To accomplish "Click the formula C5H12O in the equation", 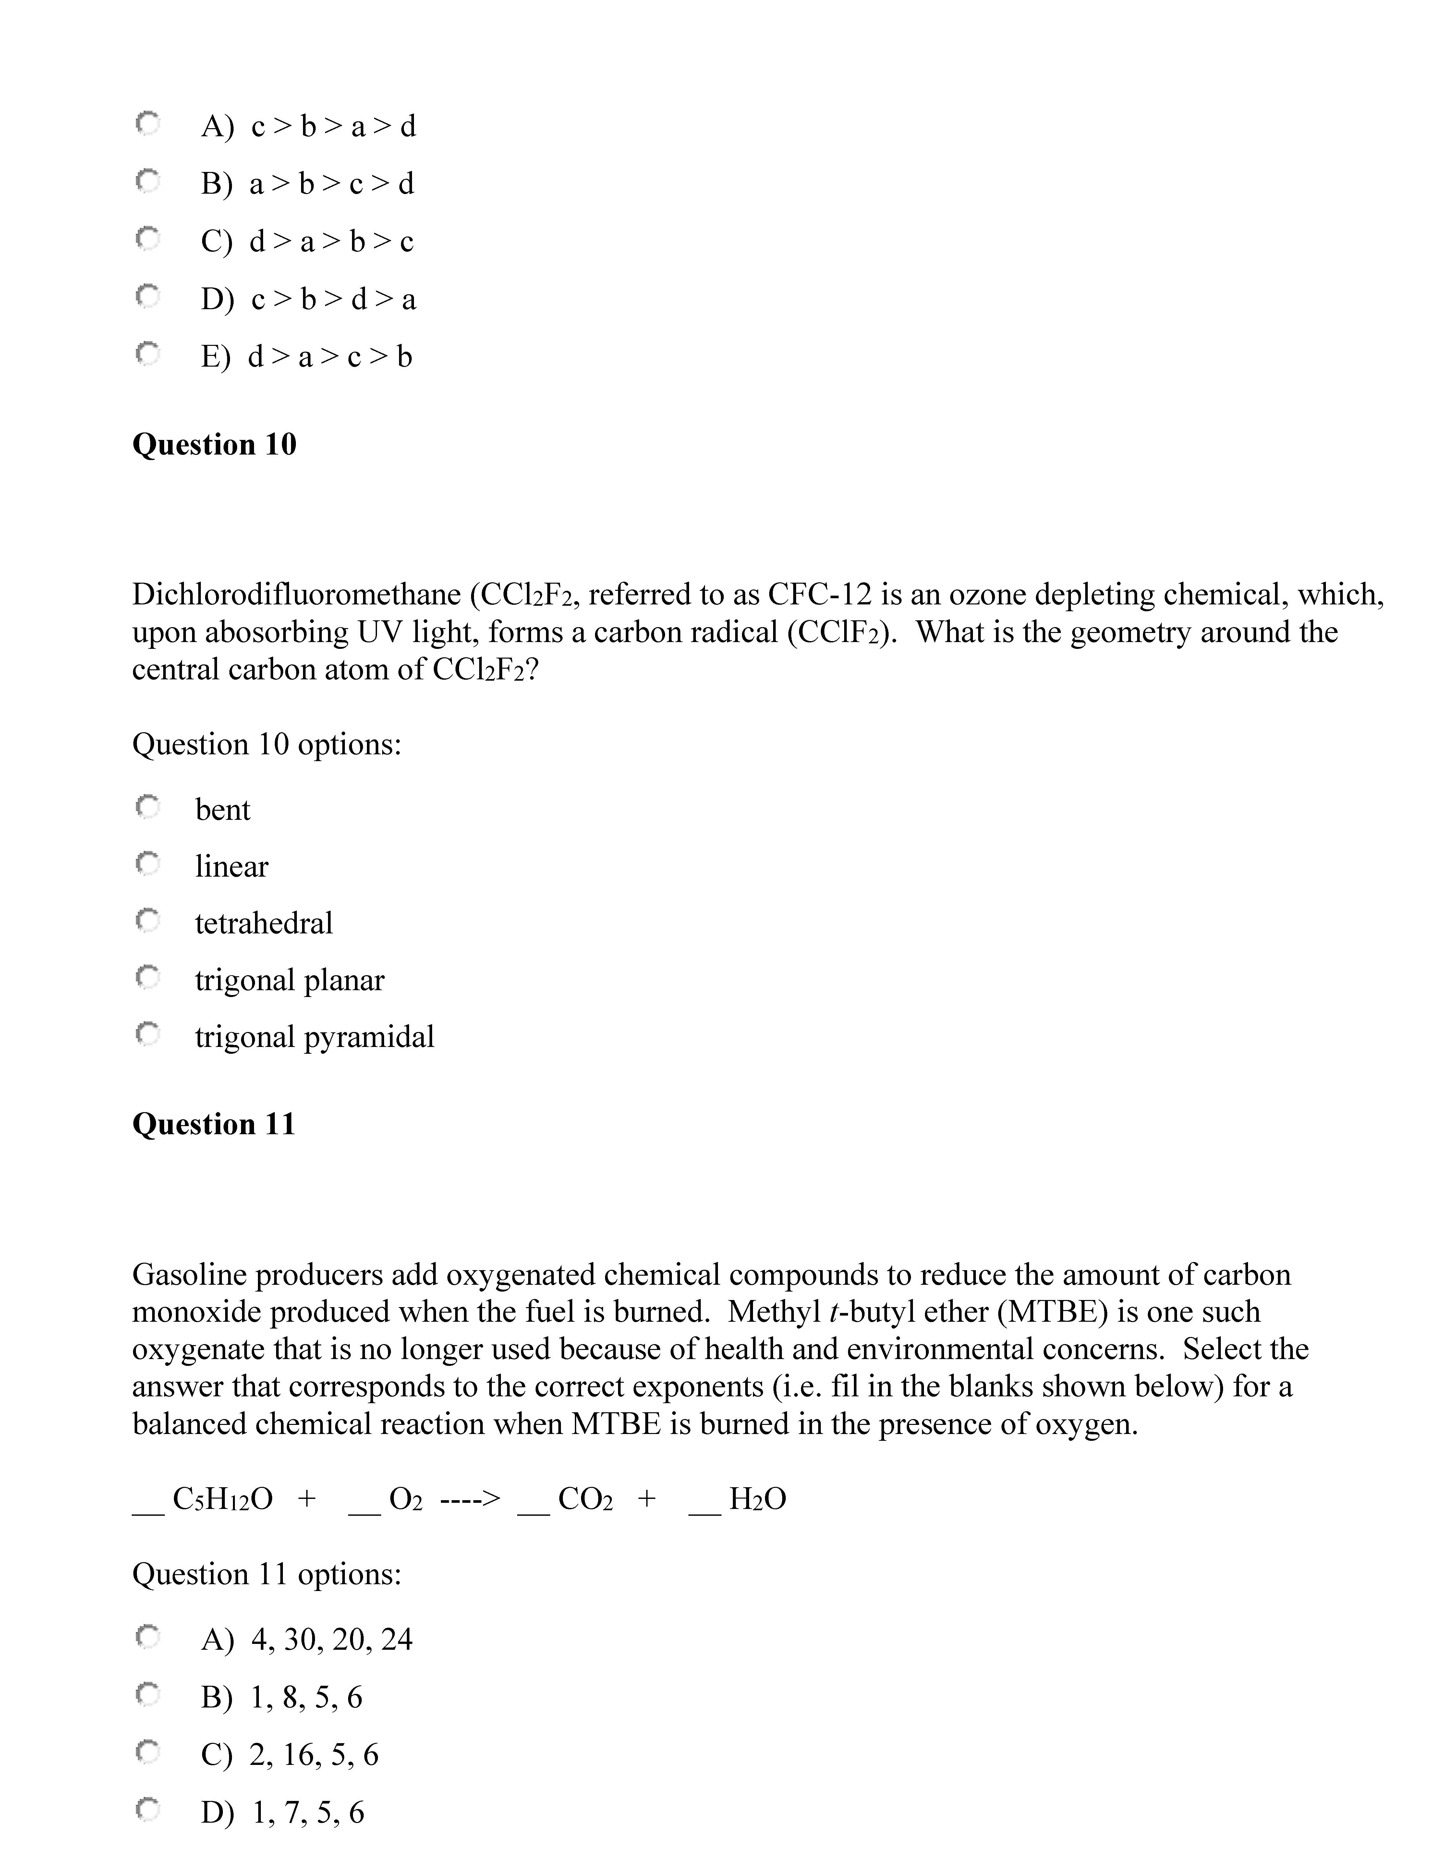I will pos(222,1499).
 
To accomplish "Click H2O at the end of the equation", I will pos(757,1499).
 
